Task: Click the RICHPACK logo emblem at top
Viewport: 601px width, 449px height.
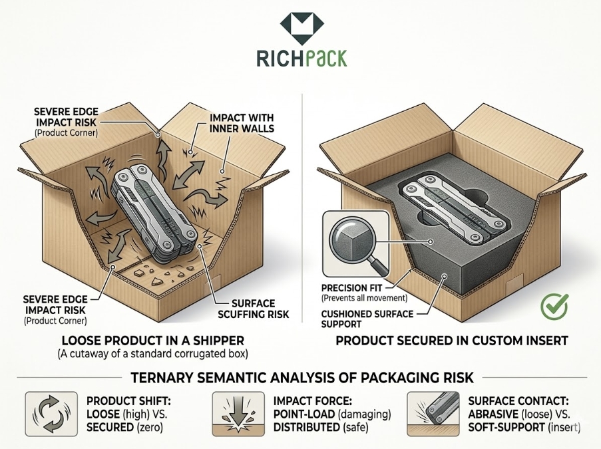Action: pyautogui.click(x=300, y=27)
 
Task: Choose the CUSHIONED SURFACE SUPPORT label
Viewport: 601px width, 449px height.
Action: pyautogui.click(x=367, y=318)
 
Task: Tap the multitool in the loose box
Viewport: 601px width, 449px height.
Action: pyautogui.click(x=152, y=214)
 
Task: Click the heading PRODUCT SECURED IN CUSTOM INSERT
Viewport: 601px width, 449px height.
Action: pyautogui.click(x=451, y=341)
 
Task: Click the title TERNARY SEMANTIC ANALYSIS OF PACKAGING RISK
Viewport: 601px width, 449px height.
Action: pyautogui.click(x=301, y=378)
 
